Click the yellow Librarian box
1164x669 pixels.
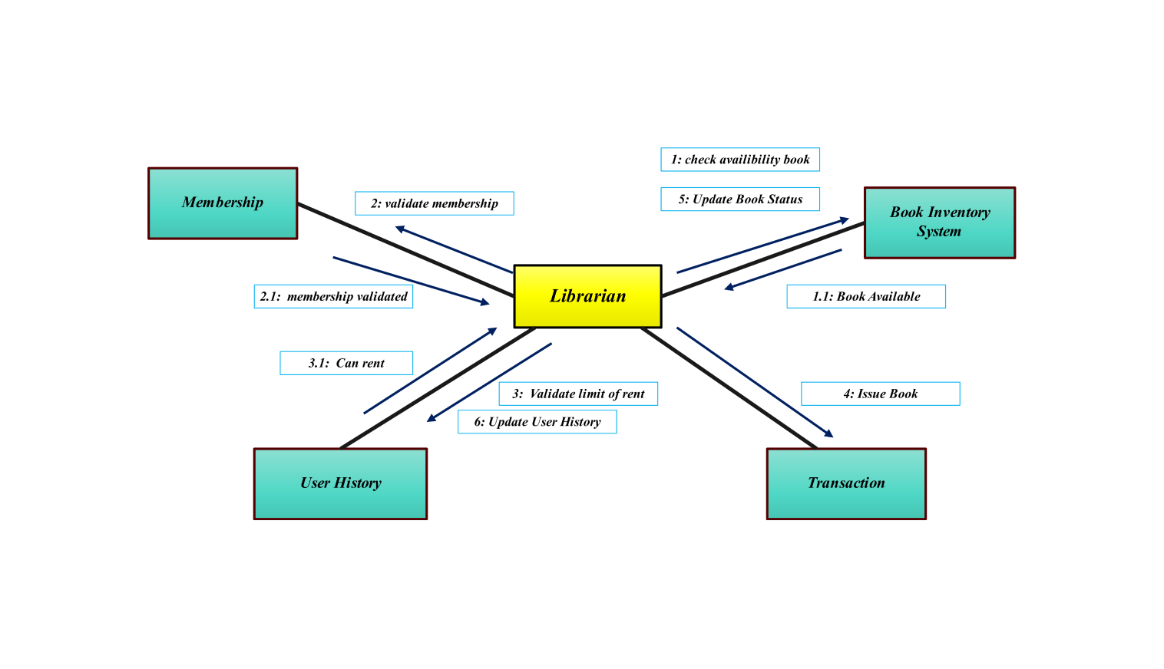pyautogui.click(x=587, y=296)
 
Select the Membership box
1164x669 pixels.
pyautogui.click(x=223, y=203)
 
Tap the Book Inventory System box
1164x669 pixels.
pyautogui.click(x=940, y=222)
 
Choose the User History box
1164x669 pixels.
pyautogui.click(x=340, y=483)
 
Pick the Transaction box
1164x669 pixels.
pyautogui.click(x=846, y=483)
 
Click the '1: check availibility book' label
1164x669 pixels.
pyautogui.click(x=740, y=160)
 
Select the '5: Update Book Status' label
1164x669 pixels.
pyautogui.click(x=740, y=199)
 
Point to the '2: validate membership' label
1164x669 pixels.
pyautogui.click(x=434, y=203)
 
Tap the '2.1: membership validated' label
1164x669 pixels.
pyautogui.click(x=333, y=297)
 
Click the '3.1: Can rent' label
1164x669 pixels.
pyautogui.click(x=346, y=363)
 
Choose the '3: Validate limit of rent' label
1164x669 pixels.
pyautogui.click(x=578, y=394)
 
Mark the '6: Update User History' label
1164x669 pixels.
pyautogui.click(x=537, y=422)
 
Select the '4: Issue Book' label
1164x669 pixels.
pyautogui.click(x=880, y=394)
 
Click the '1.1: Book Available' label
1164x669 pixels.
pyautogui.click(x=866, y=297)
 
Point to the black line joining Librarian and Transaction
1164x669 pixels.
pyautogui.click(x=729, y=388)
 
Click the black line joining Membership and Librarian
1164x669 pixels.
pyautogui.click(x=405, y=249)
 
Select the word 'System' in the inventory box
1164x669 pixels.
pyautogui.click(x=938, y=232)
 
